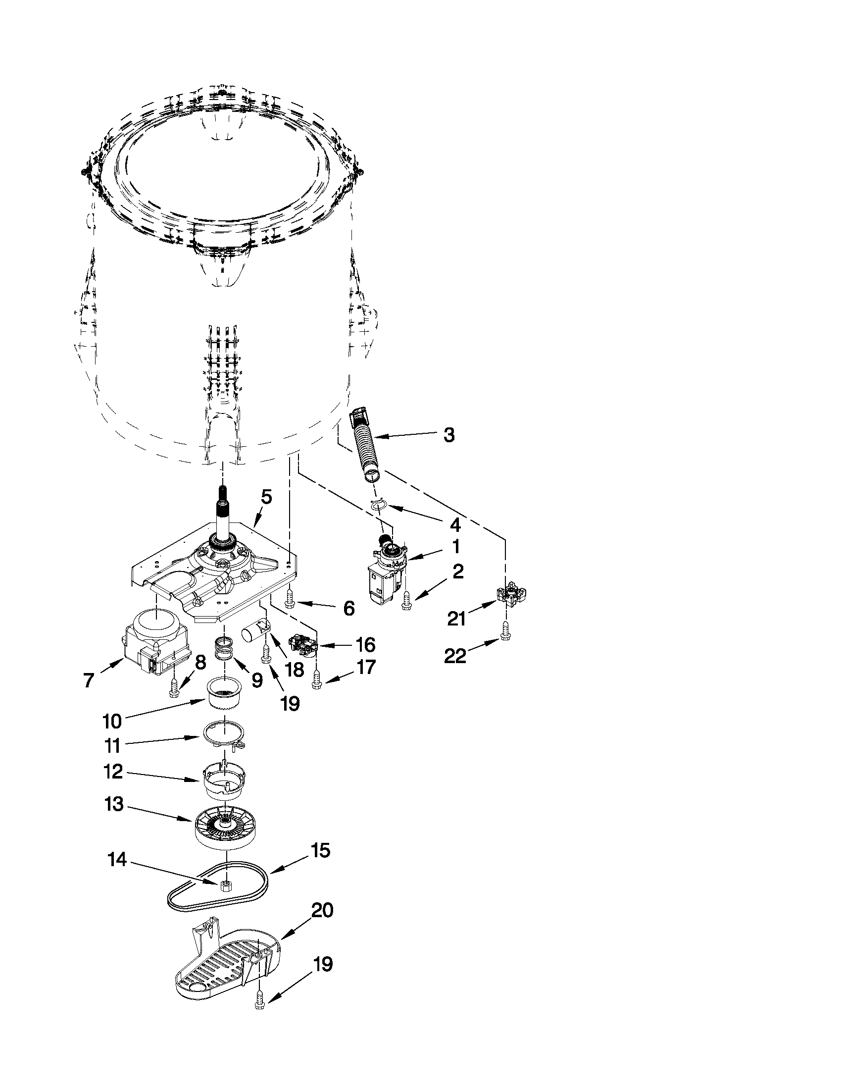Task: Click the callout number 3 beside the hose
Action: [449, 435]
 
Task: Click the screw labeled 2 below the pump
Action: [406, 601]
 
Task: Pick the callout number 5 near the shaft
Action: [266, 497]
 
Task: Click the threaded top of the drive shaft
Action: [220, 494]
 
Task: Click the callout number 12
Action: [114, 772]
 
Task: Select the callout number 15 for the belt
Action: [320, 850]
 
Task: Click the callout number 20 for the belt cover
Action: [322, 910]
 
